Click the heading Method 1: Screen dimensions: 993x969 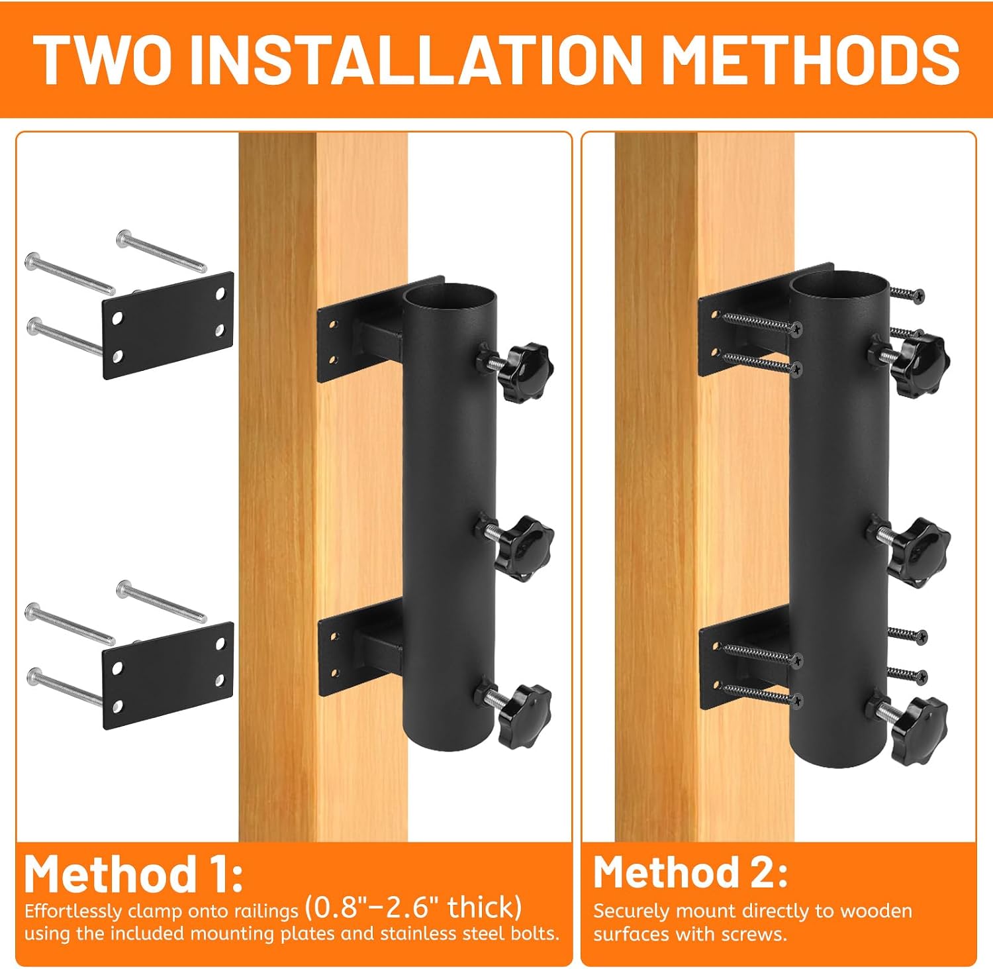(x=134, y=874)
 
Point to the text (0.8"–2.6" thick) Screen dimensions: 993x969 (x=413, y=907)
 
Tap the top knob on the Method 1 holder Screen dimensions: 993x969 (x=524, y=371)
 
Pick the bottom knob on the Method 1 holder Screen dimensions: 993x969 (x=524, y=716)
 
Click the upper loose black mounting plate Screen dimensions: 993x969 (x=168, y=325)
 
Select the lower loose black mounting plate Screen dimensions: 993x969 (x=168, y=676)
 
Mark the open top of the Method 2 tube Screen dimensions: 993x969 (x=838, y=281)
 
